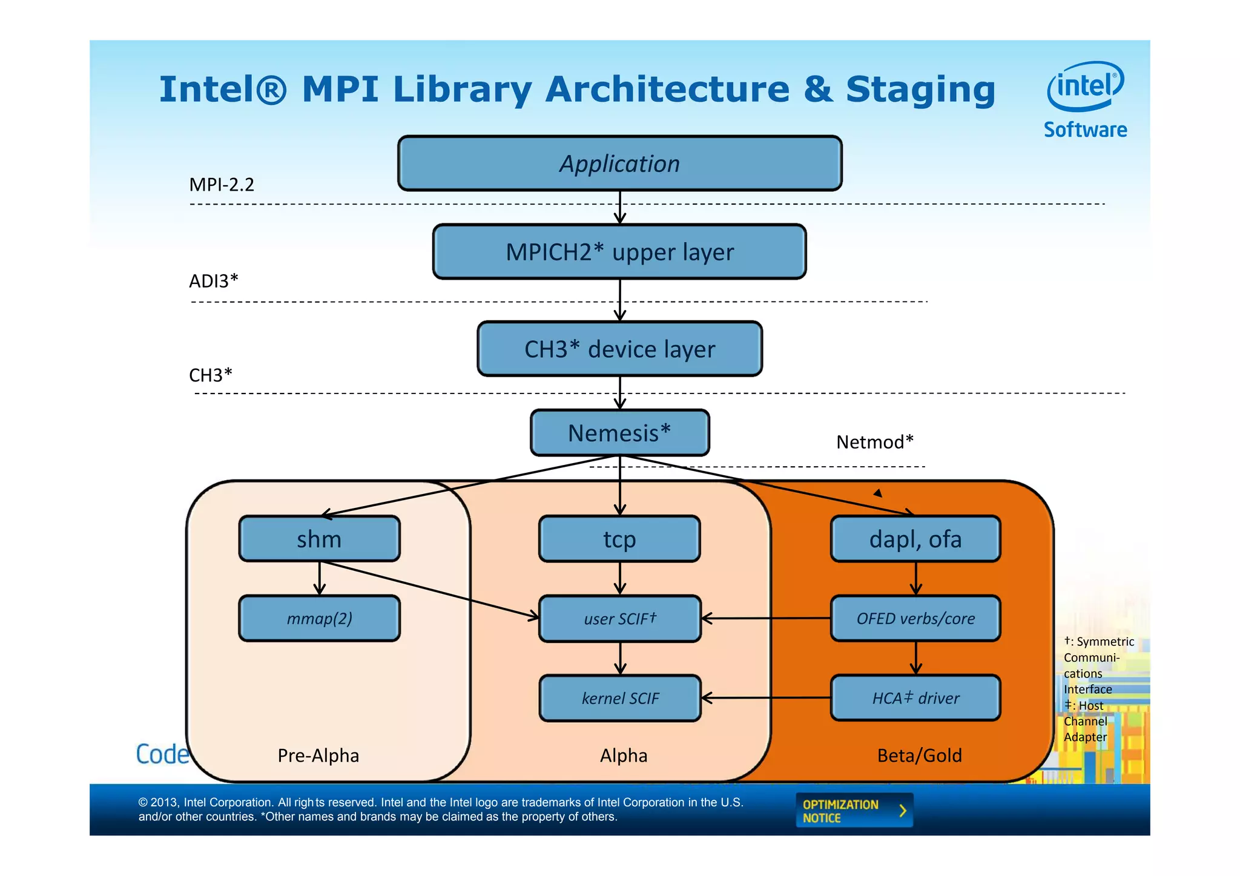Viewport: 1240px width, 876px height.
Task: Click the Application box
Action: [619, 163]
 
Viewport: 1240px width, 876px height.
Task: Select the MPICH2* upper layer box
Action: [619, 252]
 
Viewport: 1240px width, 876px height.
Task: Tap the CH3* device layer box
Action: [619, 349]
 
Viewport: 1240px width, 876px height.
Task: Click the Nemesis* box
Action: [619, 433]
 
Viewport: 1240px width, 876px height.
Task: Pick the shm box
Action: [319, 539]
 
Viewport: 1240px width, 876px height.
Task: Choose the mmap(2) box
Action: [319, 618]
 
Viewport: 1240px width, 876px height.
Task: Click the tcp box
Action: [619, 539]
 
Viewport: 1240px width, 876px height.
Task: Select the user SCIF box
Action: [619, 618]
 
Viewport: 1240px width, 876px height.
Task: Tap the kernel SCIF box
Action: [619, 698]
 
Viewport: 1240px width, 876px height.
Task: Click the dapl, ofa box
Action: [915, 539]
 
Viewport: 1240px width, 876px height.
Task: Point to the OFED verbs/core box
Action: [915, 618]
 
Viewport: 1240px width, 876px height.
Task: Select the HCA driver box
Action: [915, 698]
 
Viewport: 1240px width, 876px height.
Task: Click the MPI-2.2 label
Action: [222, 184]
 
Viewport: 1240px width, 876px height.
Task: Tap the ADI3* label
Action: [213, 281]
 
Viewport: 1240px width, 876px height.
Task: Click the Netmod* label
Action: [874, 442]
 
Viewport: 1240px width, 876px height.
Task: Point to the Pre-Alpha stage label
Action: [318, 756]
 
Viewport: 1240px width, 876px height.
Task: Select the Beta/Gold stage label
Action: [919, 756]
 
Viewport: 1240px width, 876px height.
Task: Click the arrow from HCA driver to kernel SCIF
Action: [766, 698]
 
